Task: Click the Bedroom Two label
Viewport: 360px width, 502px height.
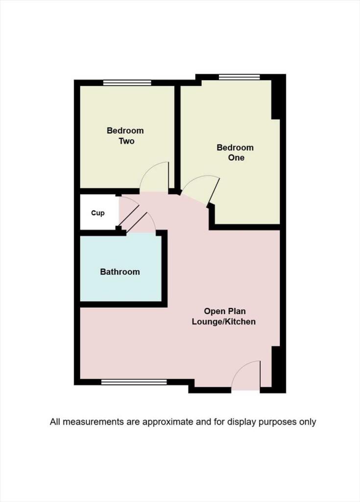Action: (x=125, y=136)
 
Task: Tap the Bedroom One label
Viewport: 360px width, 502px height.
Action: (x=235, y=152)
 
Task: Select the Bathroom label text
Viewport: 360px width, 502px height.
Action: (x=120, y=272)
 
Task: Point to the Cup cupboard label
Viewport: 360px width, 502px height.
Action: (x=98, y=213)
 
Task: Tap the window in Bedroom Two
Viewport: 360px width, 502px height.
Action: (x=127, y=83)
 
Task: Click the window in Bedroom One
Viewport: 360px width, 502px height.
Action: (x=239, y=77)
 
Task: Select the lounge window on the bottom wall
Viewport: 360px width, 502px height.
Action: (x=133, y=382)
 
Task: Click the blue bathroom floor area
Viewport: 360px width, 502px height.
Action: (x=120, y=284)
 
